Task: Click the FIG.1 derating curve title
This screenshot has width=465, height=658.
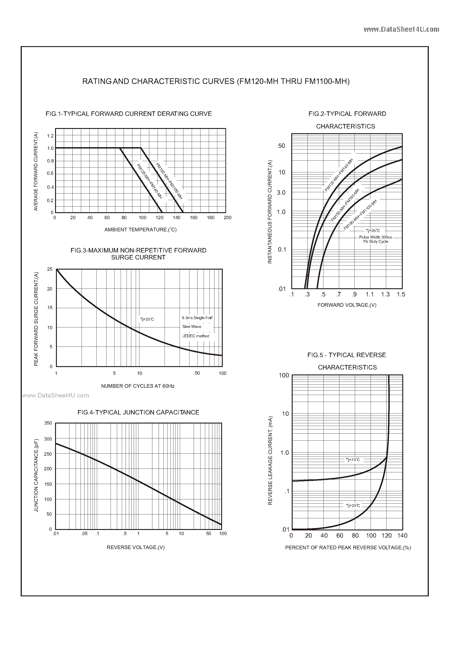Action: tap(129, 114)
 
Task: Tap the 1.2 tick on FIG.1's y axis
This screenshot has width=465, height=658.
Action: tap(50, 136)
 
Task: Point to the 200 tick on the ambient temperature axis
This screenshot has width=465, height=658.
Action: tap(228, 218)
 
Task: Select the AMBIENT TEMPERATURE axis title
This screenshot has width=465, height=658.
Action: tap(140, 230)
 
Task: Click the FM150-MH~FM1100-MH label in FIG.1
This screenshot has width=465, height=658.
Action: tap(169, 181)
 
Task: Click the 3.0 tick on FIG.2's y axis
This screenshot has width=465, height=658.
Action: tap(281, 193)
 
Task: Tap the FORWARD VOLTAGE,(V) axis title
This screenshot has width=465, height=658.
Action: tap(347, 305)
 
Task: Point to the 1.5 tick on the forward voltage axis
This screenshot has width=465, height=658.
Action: tap(401, 294)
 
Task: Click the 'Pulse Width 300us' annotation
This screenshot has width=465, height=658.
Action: tap(375, 237)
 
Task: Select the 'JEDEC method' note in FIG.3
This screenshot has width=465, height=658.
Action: tap(196, 336)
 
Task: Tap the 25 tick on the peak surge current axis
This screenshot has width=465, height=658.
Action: tap(50, 269)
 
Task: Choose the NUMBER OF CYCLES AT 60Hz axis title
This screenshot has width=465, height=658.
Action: tap(138, 386)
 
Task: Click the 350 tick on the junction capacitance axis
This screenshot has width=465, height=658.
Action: tap(48, 423)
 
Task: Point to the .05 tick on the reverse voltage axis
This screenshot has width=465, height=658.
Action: tap(84, 534)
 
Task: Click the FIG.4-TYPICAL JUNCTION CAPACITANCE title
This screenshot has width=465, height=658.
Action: tap(138, 412)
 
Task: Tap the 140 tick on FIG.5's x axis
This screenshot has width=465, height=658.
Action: tap(402, 536)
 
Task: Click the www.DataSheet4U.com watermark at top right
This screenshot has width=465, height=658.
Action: tap(401, 29)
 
